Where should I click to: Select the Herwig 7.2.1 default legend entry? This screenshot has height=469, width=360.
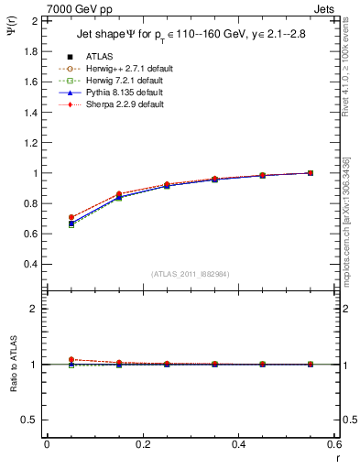point(119,81)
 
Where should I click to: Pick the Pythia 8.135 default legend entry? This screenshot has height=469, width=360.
point(118,93)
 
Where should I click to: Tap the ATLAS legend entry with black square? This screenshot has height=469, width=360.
point(99,57)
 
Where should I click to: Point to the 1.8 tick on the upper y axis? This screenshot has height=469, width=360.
point(32,51)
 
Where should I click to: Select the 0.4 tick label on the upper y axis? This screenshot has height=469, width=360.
point(32,264)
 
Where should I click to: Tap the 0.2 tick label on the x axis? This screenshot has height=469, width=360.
point(143,444)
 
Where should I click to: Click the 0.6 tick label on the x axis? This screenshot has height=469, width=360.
point(334,444)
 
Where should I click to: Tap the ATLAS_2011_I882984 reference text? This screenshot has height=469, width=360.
point(191,274)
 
